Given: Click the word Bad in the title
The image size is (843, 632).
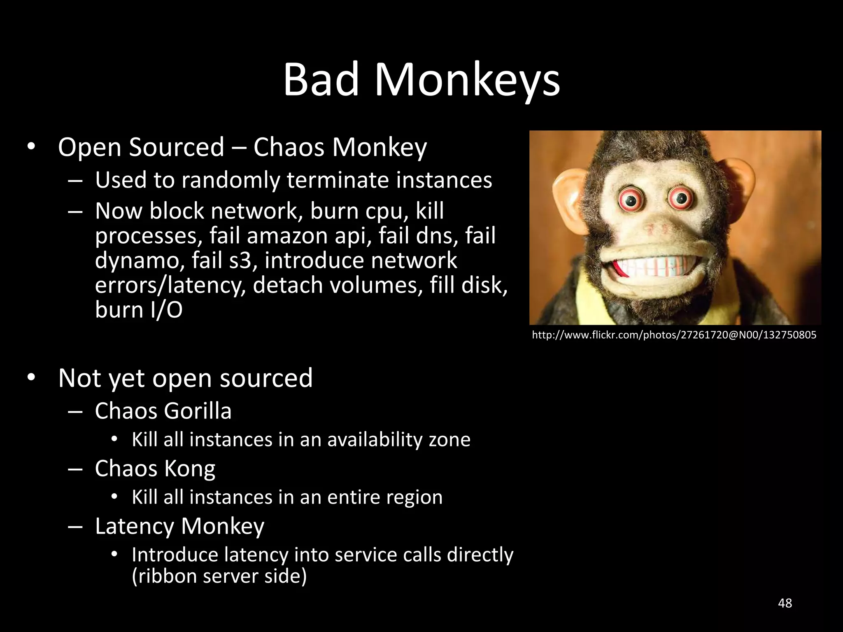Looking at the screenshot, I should tap(321, 79).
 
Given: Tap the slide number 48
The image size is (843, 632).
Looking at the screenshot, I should tap(785, 603).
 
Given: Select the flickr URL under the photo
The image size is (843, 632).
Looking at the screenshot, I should tap(674, 335).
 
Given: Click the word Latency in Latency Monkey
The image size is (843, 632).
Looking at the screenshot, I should tap(135, 526).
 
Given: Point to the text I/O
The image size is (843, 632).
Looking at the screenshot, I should tap(167, 310).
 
